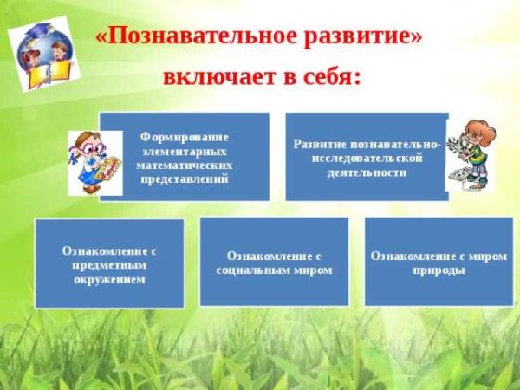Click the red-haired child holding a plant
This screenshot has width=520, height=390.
(472, 155)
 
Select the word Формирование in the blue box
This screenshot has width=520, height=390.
(184, 136)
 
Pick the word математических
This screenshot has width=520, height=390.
(184, 165)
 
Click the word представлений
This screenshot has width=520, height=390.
(184, 179)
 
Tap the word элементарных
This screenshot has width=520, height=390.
(184, 150)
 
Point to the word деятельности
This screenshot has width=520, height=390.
(367, 172)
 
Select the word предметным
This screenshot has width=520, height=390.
(109, 264)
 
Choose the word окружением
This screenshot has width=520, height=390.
(109, 279)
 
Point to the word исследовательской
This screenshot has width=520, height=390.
(367, 159)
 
